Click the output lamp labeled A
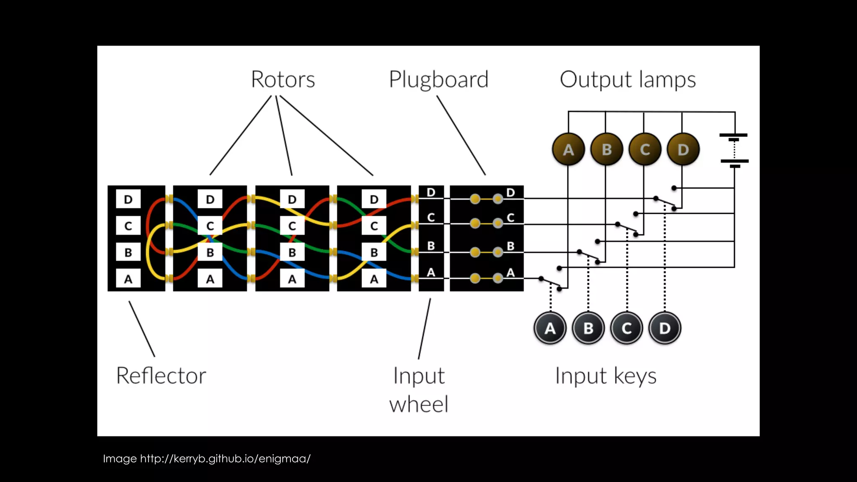[568, 149]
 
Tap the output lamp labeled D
[683, 149]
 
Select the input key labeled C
[626, 328]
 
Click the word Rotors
[283, 79]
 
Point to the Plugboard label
[439, 79]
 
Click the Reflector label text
[161, 375]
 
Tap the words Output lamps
[628, 79]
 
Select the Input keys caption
[606, 375]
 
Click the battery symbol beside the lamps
[734, 150]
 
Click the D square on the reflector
[128, 199]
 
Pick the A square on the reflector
[128, 279]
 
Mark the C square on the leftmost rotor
[210, 226]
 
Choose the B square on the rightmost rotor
[374, 252]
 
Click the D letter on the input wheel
[431, 192]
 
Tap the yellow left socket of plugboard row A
[475, 278]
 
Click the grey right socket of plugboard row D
[498, 199]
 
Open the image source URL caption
[207, 459]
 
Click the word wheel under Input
[418, 404]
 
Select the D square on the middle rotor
[292, 199]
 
